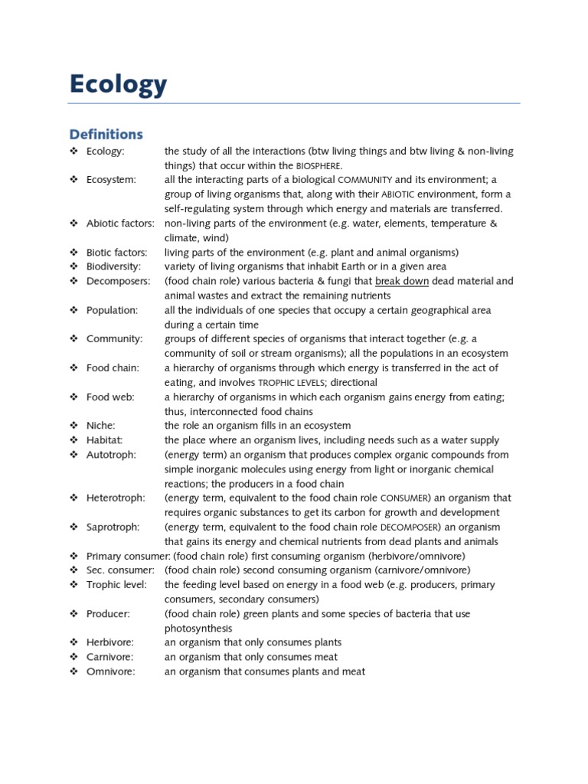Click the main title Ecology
tap(118, 84)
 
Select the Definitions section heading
tap(106, 134)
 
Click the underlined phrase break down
tap(402, 281)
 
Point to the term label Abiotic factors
tap(120, 224)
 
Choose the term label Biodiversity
tap(114, 266)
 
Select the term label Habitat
tap(105, 440)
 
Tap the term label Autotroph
tap(111, 455)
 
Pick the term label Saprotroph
tap(112, 527)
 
